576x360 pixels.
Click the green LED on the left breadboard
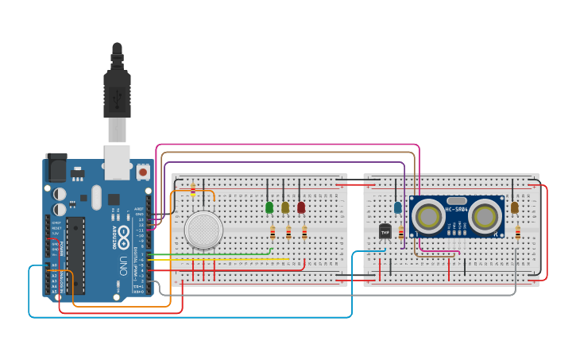[x=269, y=207]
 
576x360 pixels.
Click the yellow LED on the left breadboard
[x=285, y=207]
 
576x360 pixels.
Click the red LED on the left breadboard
[x=301, y=207]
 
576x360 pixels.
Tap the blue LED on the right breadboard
[x=397, y=207]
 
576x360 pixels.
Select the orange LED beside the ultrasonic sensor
[x=514, y=207]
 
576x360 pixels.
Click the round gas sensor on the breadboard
[x=203, y=230]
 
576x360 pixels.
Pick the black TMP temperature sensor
[x=385, y=231]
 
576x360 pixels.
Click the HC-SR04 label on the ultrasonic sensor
[x=456, y=210]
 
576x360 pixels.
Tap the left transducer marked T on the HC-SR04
[x=428, y=216]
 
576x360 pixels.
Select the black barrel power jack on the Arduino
[x=56, y=168]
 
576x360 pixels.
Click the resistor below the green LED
[x=273, y=232]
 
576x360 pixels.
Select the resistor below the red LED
[x=304, y=232]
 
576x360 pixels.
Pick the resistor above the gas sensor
[x=192, y=189]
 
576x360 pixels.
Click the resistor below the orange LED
[x=518, y=232]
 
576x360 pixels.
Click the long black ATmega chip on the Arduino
[x=75, y=254]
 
